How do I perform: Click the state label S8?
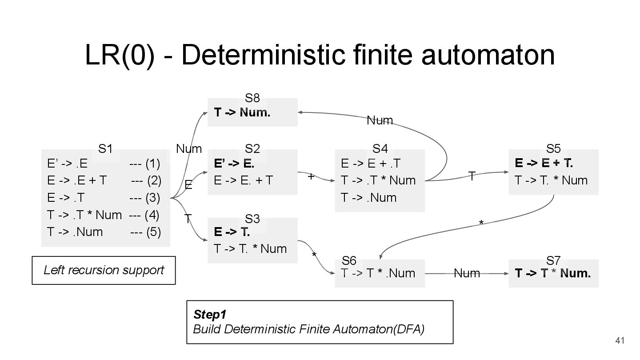(252, 98)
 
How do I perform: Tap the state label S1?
(105, 149)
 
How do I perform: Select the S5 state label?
(553, 149)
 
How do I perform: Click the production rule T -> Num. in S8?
(242, 112)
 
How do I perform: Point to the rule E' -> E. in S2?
(234, 164)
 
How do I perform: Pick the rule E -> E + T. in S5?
(544, 164)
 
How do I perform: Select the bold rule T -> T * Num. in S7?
(553, 273)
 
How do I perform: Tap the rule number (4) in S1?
(152, 215)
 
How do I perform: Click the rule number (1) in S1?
(152, 164)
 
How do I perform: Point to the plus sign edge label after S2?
(311, 177)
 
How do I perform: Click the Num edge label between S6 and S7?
(467, 273)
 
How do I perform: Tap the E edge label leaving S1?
(188, 185)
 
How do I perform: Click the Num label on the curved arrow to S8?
(380, 120)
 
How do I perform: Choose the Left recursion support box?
(104, 270)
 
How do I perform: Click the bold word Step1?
(210, 315)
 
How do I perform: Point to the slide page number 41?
(620, 341)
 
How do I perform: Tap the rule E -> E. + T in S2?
(243, 180)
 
